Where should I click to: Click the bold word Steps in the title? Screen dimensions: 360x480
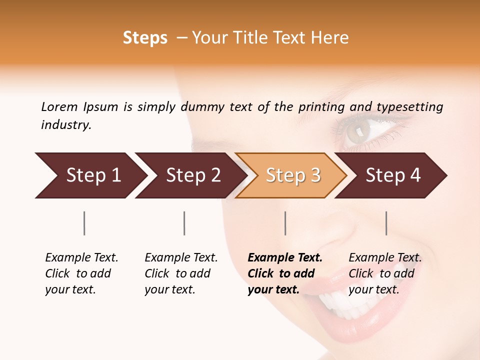point(145,38)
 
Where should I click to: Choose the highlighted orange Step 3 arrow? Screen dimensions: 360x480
point(293,175)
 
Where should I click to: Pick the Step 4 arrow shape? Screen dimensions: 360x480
point(393,175)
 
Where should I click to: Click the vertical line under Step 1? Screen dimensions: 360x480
point(84,223)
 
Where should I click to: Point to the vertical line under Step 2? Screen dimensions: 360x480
point(184,223)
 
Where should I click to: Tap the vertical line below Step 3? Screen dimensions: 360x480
point(285,223)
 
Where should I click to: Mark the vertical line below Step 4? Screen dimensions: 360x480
point(386,223)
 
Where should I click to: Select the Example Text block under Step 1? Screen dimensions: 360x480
point(81,273)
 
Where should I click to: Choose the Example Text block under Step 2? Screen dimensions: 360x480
point(180,273)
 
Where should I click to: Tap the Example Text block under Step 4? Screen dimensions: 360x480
point(384,273)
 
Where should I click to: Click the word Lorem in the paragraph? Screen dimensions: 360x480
point(59,107)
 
